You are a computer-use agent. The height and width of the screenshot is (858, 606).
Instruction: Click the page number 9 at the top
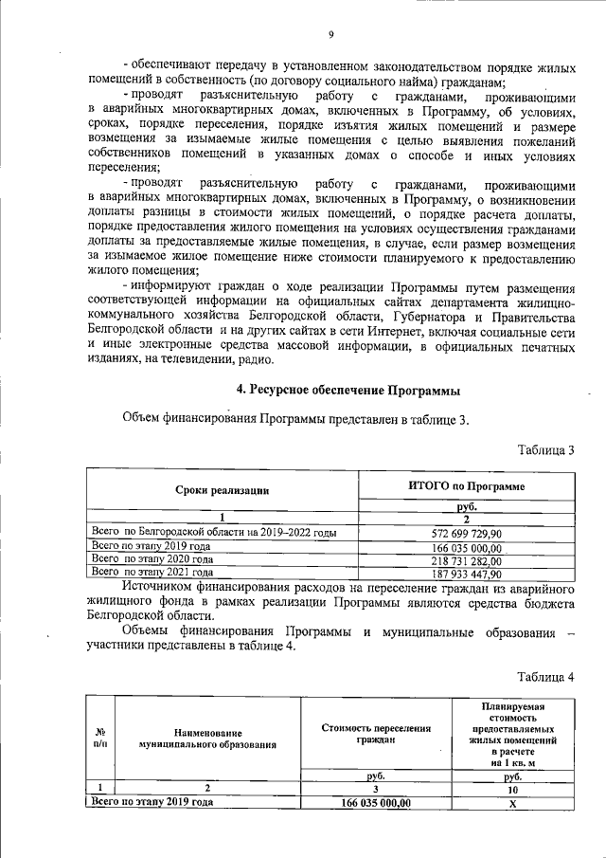(330, 35)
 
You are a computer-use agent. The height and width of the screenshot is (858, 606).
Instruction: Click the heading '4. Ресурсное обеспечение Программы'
(348, 391)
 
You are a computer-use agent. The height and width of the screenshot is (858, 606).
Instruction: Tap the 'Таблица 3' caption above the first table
(545, 449)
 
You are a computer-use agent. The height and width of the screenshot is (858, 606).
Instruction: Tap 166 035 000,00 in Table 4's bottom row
(376, 801)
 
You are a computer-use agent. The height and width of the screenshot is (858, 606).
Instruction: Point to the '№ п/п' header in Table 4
(100, 738)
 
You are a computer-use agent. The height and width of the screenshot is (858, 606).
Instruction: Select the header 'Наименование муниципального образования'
(207, 739)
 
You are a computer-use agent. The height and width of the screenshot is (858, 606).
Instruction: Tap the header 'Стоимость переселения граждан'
(376, 735)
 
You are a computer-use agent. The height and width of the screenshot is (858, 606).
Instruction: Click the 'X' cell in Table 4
(512, 801)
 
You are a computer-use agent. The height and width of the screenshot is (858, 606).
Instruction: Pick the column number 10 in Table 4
(512, 788)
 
